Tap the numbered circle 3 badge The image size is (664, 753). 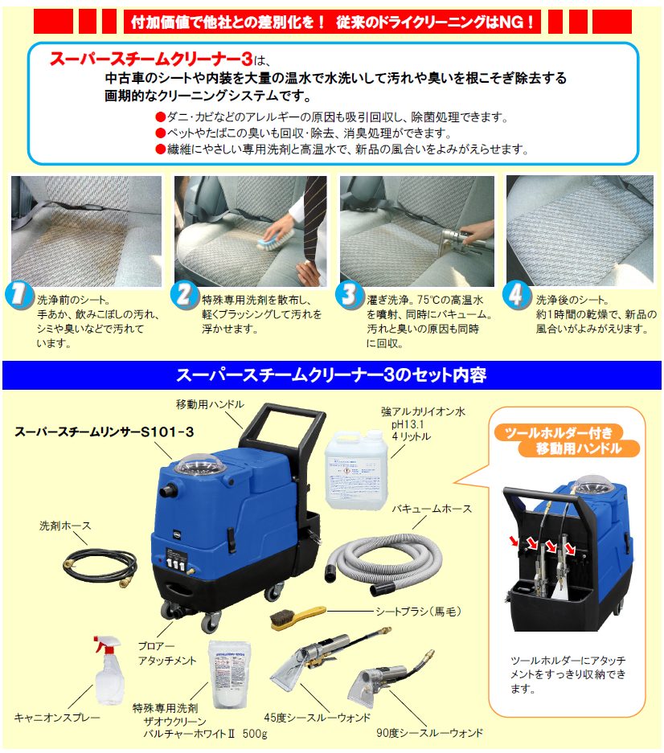click(x=349, y=294)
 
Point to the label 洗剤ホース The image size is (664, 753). click(x=65, y=526)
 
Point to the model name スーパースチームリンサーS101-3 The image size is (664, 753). click(x=105, y=432)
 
